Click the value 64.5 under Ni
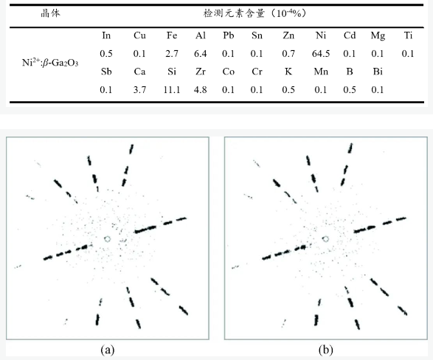coord(321,53)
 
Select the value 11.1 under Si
coord(171,90)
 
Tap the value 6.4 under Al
coord(200,53)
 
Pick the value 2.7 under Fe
coord(172,53)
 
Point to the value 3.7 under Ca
coord(139,90)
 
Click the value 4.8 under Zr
coord(200,90)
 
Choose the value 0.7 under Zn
coord(288,53)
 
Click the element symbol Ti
coord(408,35)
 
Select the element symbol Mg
coord(378,36)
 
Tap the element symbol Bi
coord(378,72)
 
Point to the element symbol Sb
coord(106,72)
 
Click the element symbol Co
coord(229,72)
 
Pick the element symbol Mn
coord(321,72)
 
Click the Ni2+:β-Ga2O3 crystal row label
coord(50,63)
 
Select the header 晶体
coord(50,13)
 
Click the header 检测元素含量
coord(234,13)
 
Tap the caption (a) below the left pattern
coord(108,350)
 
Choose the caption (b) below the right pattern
coord(325,350)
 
